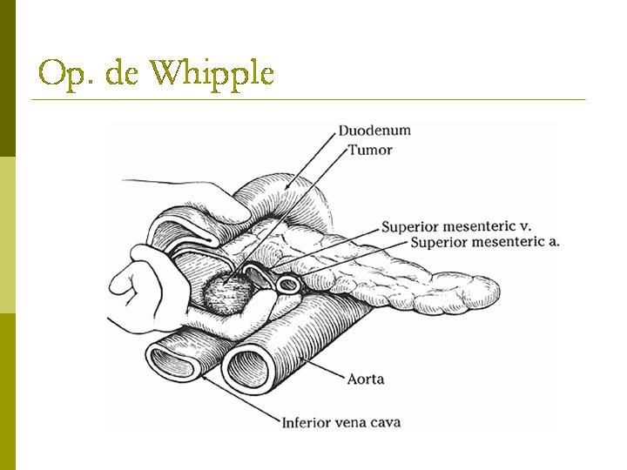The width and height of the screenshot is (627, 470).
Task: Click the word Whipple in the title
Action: [x=212, y=73]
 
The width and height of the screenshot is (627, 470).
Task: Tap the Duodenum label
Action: [x=374, y=131]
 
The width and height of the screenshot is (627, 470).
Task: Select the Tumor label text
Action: [x=370, y=151]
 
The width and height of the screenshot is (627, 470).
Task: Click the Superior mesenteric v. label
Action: [x=456, y=226]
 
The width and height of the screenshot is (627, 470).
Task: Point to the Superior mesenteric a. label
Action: [x=485, y=242]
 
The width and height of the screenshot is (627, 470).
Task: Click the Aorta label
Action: [x=366, y=379]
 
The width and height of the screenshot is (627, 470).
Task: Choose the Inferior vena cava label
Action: [x=341, y=422]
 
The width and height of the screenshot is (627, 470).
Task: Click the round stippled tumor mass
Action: [x=226, y=295]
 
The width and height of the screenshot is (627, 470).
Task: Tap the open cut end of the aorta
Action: [x=249, y=369]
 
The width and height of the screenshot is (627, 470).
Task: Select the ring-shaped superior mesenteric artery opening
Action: [x=288, y=285]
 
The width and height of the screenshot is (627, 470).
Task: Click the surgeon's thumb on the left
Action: [x=126, y=283]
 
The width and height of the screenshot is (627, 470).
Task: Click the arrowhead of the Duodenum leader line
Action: [x=286, y=187]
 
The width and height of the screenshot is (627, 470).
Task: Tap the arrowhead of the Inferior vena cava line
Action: [x=205, y=376]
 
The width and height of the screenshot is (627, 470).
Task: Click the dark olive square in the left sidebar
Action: [x=8, y=78]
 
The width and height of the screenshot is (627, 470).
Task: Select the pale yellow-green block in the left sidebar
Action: [x=8, y=235]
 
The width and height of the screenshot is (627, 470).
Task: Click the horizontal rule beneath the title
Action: [x=308, y=99]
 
